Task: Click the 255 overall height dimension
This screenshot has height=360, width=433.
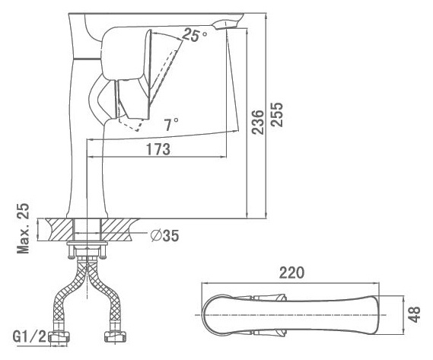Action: [277, 115]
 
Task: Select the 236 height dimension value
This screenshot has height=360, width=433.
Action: [258, 122]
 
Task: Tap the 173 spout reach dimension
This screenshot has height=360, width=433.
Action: [158, 149]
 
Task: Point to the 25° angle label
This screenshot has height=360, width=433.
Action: [194, 35]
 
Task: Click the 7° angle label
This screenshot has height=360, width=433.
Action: [171, 124]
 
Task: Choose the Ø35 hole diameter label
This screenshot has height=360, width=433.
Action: [165, 236]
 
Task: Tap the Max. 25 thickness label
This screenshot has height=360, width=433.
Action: [23, 228]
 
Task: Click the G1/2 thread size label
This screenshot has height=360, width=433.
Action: [29, 336]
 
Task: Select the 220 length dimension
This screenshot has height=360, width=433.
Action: [292, 272]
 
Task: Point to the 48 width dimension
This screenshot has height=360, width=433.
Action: [414, 314]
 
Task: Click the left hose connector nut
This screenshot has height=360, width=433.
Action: [59, 338]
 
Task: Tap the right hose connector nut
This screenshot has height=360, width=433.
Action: [115, 338]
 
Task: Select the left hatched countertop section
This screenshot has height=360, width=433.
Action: [60, 229]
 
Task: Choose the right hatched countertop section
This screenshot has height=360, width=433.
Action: [119, 229]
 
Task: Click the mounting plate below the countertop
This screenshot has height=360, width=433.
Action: [88, 244]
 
